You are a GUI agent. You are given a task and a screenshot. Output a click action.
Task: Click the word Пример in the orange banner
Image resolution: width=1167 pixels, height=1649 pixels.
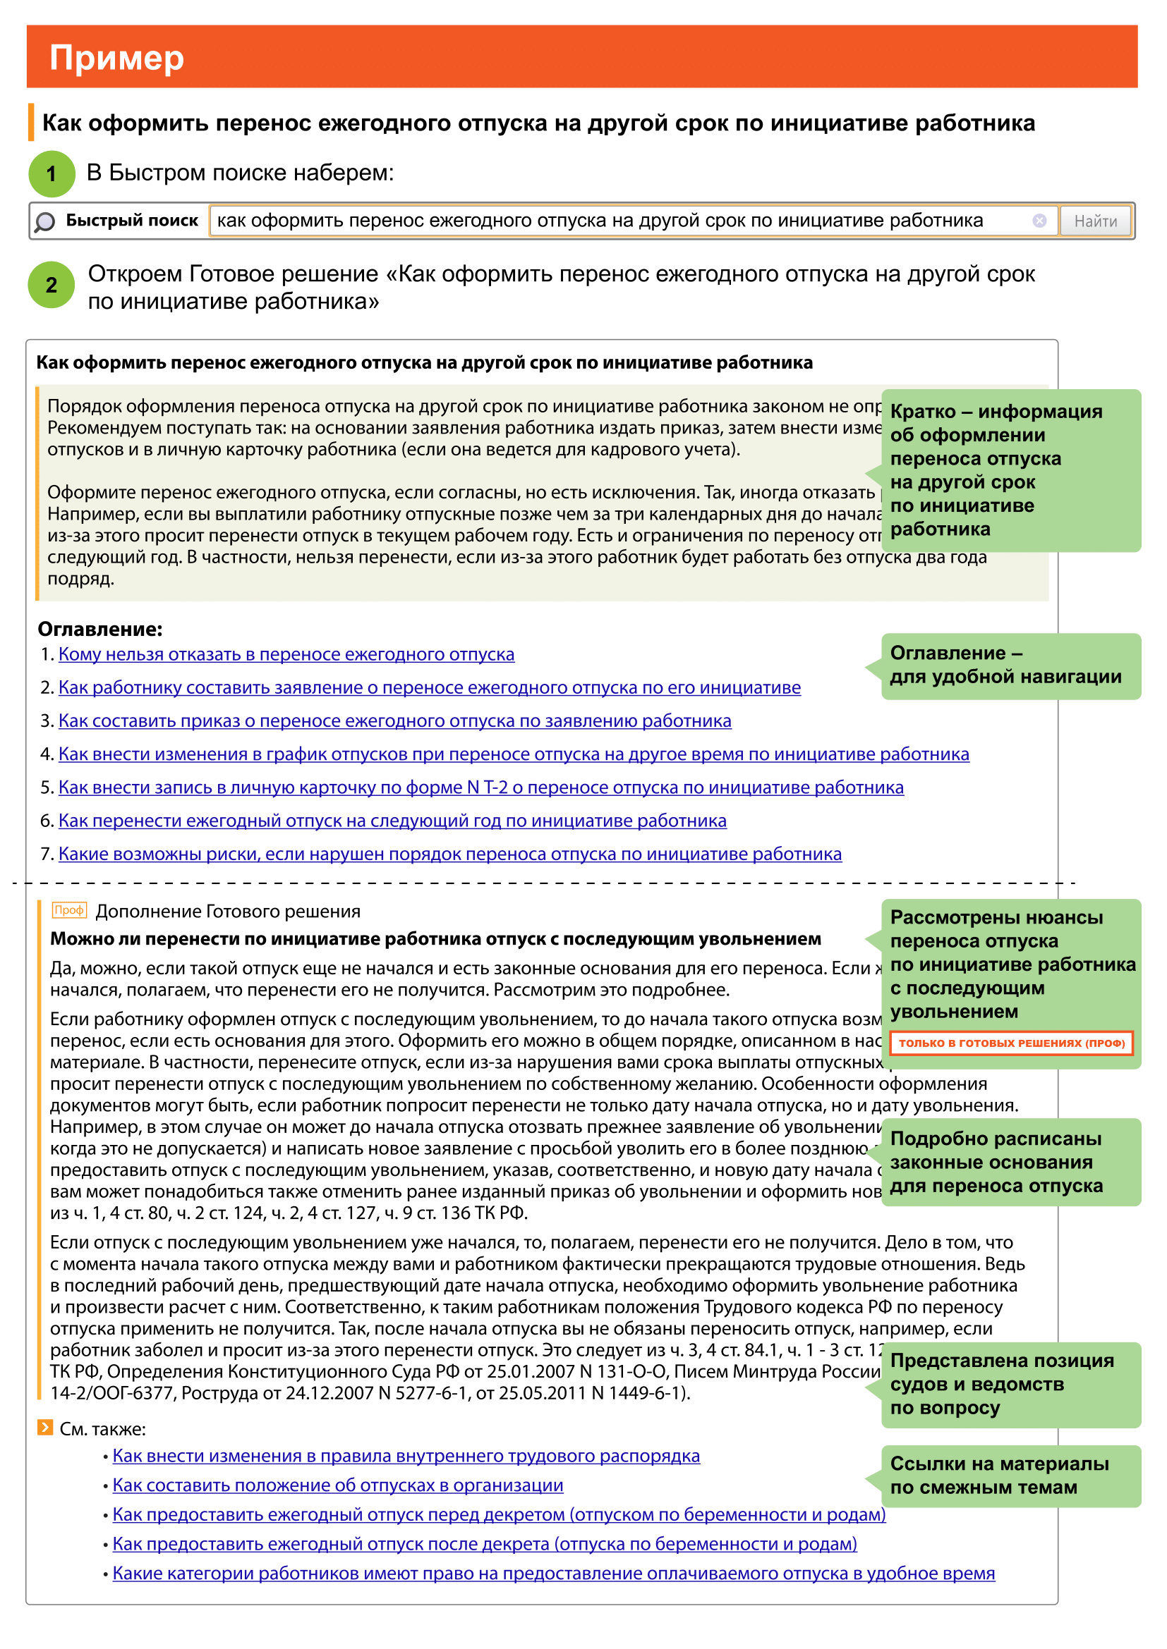pyautogui.click(x=116, y=59)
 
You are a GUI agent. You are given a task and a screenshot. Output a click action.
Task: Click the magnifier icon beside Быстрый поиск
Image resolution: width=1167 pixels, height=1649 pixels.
pyautogui.click(x=44, y=222)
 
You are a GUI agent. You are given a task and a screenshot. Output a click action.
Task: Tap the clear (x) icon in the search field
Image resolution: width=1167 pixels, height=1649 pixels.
pyautogui.click(x=1039, y=221)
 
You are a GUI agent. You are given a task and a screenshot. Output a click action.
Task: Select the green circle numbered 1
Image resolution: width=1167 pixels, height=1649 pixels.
pyautogui.click(x=52, y=174)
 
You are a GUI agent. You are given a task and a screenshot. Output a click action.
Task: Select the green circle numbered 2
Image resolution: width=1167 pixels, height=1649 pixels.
pyautogui.click(x=52, y=285)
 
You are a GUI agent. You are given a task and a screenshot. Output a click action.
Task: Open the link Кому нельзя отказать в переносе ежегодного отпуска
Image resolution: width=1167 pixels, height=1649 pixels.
pyautogui.click(x=286, y=655)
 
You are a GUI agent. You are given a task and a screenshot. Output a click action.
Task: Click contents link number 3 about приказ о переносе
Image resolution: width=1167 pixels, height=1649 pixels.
pyautogui.click(x=394, y=721)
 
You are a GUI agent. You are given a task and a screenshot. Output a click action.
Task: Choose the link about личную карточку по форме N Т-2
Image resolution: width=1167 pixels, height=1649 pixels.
pyautogui.click(x=480, y=788)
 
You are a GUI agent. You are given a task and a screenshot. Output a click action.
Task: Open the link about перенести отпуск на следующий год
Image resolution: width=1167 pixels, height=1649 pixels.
pyautogui.click(x=392, y=821)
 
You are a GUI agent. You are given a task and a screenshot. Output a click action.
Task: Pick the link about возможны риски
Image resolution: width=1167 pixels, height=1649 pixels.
pyautogui.click(x=450, y=854)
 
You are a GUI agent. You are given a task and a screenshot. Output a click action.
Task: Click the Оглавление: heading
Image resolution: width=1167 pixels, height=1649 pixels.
pyautogui.click(x=100, y=630)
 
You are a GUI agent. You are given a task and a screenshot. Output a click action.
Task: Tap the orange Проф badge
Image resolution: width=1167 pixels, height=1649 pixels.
pyautogui.click(x=70, y=911)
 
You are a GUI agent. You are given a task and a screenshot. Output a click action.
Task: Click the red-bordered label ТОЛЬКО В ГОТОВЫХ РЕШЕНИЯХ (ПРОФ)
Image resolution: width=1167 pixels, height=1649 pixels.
pyautogui.click(x=1011, y=1043)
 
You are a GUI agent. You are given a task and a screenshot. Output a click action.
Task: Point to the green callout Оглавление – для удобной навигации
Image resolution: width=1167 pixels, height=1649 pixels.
pyautogui.click(x=1010, y=666)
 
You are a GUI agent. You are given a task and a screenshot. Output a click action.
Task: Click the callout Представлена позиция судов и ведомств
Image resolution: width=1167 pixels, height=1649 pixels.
pyautogui.click(x=1010, y=1385)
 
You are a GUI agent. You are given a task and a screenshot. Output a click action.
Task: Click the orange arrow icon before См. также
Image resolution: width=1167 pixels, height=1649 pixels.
pyautogui.click(x=45, y=1428)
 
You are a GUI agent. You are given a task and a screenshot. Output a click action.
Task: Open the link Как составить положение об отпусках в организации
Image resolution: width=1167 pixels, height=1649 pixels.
pyautogui.click(x=338, y=1485)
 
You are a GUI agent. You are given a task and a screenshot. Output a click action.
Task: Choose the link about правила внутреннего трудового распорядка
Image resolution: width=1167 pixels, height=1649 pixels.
pyautogui.click(x=406, y=1456)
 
